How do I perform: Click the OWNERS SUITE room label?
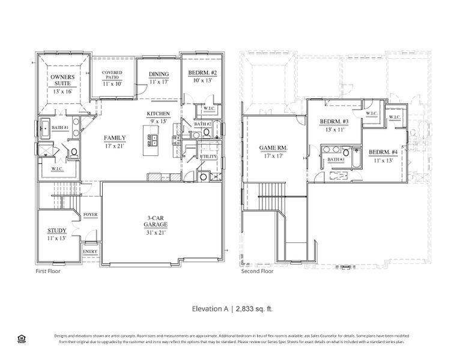[61, 80]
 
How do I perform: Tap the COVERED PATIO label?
[112, 74]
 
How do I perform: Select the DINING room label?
[159, 74]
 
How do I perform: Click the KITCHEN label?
[159, 114]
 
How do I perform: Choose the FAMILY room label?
[115, 137]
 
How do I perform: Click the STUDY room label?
[56, 230]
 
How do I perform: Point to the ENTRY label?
[90, 251]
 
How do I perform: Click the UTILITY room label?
[208, 157]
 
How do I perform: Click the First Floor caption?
[49, 271]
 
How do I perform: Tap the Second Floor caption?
[256, 271]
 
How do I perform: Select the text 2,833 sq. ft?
[254, 308]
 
